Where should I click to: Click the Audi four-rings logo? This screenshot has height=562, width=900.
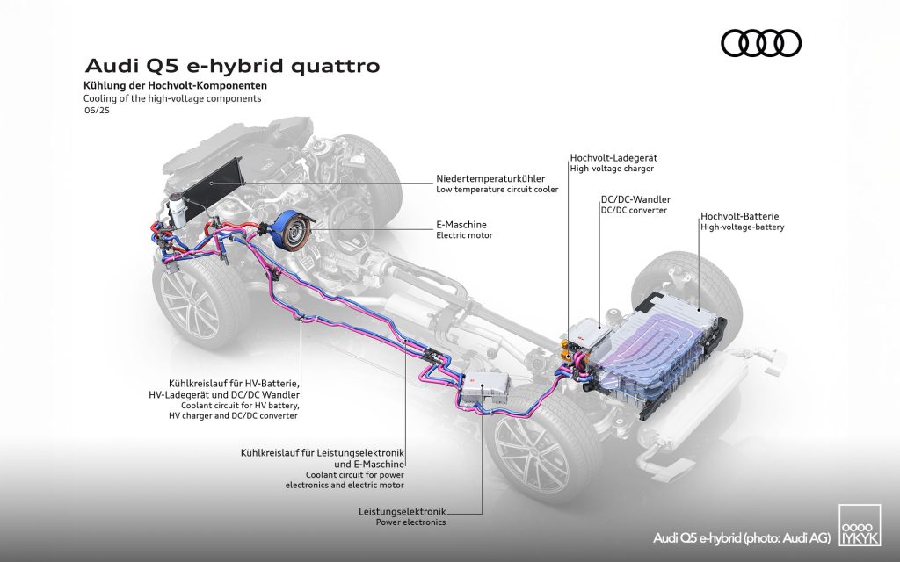[760, 42]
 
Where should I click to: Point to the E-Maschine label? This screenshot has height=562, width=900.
[461, 224]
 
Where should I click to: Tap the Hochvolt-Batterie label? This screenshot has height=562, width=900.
[740, 215]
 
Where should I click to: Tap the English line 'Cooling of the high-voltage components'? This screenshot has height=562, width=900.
[161, 99]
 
